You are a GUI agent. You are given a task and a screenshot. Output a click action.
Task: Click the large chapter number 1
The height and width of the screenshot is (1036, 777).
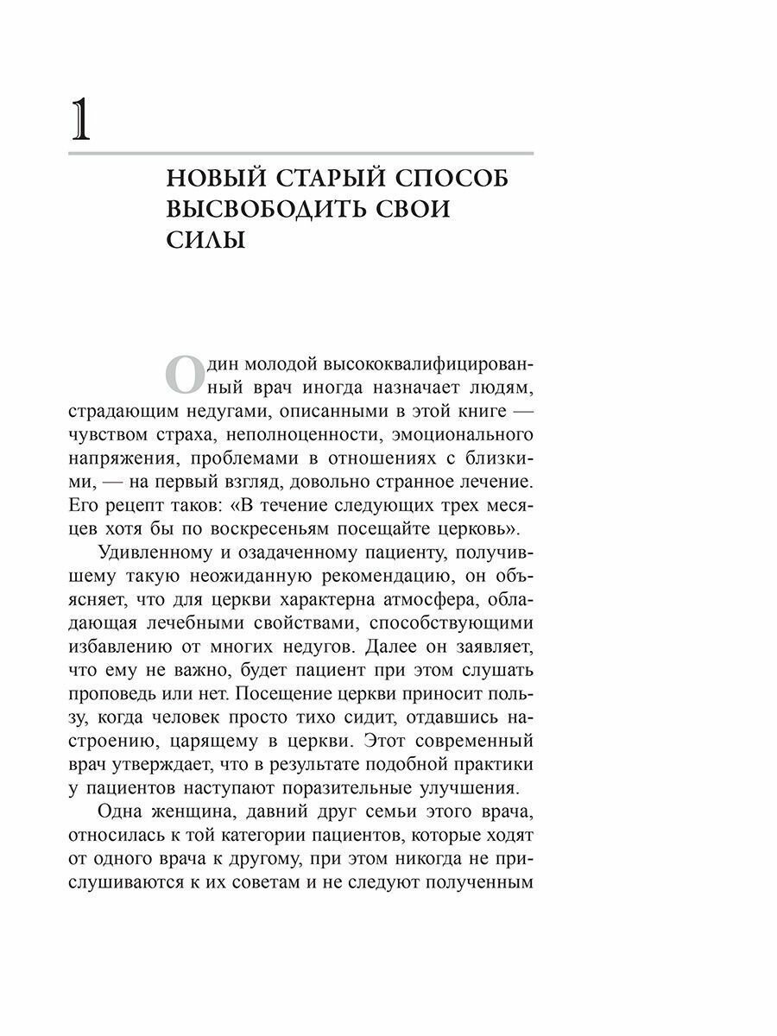(79, 120)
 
